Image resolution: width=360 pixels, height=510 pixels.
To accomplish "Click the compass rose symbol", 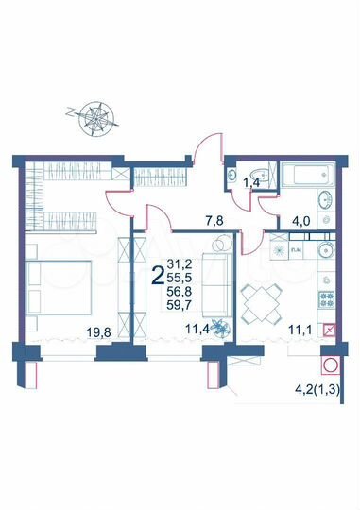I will (x=95, y=117).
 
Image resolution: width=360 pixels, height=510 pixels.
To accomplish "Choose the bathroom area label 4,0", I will (x=303, y=223).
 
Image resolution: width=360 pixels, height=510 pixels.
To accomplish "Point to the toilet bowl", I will (x=235, y=176).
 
